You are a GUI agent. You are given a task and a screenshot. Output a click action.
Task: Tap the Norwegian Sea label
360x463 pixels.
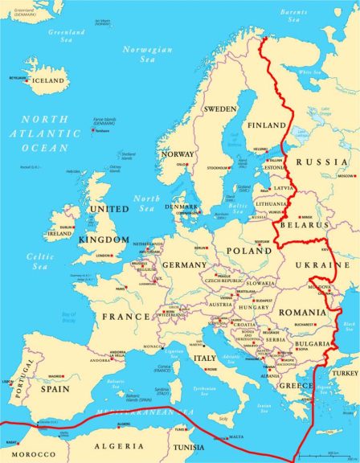pyautogui.click(x=147, y=54)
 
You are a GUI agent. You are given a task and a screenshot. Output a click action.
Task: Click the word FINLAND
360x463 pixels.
pyautogui.click(x=266, y=126)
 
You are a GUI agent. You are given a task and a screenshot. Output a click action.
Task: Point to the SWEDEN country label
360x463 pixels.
pyautogui.click(x=219, y=109)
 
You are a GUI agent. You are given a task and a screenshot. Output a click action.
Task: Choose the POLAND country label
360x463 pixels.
pyautogui.click(x=248, y=250)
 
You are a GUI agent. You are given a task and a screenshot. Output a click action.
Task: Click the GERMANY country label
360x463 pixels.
pyautogui.click(x=185, y=264)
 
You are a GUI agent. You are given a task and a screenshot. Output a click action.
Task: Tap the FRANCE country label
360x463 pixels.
pyautogui.click(x=125, y=316)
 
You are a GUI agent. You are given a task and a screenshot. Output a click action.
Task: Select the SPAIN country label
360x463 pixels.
pyautogui.click(x=55, y=388)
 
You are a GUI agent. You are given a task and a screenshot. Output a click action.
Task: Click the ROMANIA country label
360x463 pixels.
pyautogui.click(x=303, y=311)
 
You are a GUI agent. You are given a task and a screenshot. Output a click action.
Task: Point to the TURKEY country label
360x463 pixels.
pyautogui.click(x=346, y=373)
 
